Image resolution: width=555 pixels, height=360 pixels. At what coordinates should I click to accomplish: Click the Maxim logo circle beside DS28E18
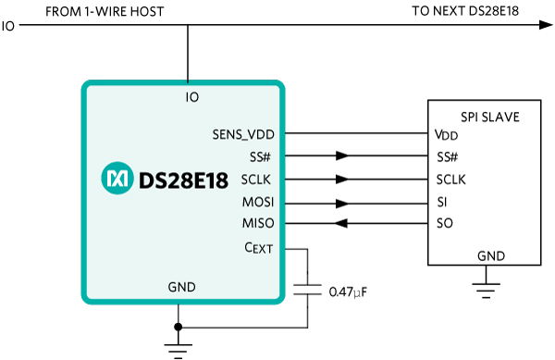click(x=117, y=178)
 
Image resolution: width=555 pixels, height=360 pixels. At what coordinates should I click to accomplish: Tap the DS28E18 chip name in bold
click(x=183, y=180)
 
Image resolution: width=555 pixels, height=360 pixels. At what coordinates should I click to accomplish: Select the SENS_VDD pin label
click(x=243, y=134)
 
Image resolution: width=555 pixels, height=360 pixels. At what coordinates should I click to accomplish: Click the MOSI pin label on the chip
click(x=258, y=202)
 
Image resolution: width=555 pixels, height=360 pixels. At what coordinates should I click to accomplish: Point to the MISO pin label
click(x=258, y=223)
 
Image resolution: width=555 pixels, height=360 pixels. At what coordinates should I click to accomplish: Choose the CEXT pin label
click(x=259, y=248)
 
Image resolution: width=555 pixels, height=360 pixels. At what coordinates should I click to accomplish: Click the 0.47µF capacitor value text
click(x=348, y=292)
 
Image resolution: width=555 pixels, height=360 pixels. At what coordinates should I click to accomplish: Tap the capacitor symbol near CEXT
click(x=307, y=290)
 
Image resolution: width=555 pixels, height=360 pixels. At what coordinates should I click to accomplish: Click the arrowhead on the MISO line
click(x=341, y=223)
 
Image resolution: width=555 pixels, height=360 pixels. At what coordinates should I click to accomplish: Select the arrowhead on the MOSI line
click(x=342, y=204)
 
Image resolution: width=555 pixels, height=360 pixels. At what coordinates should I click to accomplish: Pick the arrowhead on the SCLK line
click(x=342, y=180)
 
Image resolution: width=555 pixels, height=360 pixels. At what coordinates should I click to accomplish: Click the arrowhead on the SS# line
click(x=342, y=155)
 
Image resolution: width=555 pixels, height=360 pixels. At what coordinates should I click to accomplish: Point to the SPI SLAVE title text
click(x=490, y=118)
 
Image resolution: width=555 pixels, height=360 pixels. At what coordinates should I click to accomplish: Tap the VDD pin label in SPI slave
click(x=447, y=135)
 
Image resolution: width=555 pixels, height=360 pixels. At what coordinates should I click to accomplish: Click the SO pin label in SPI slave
click(x=445, y=223)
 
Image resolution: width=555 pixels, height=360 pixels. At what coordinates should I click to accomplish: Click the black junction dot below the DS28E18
click(x=178, y=327)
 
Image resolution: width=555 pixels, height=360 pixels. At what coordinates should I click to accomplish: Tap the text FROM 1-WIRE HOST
click(x=105, y=12)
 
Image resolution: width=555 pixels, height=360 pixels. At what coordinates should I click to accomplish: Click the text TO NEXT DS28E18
click(x=465, y=11)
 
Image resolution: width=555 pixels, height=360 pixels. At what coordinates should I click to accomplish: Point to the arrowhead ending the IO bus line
click(x=546, y=25)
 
